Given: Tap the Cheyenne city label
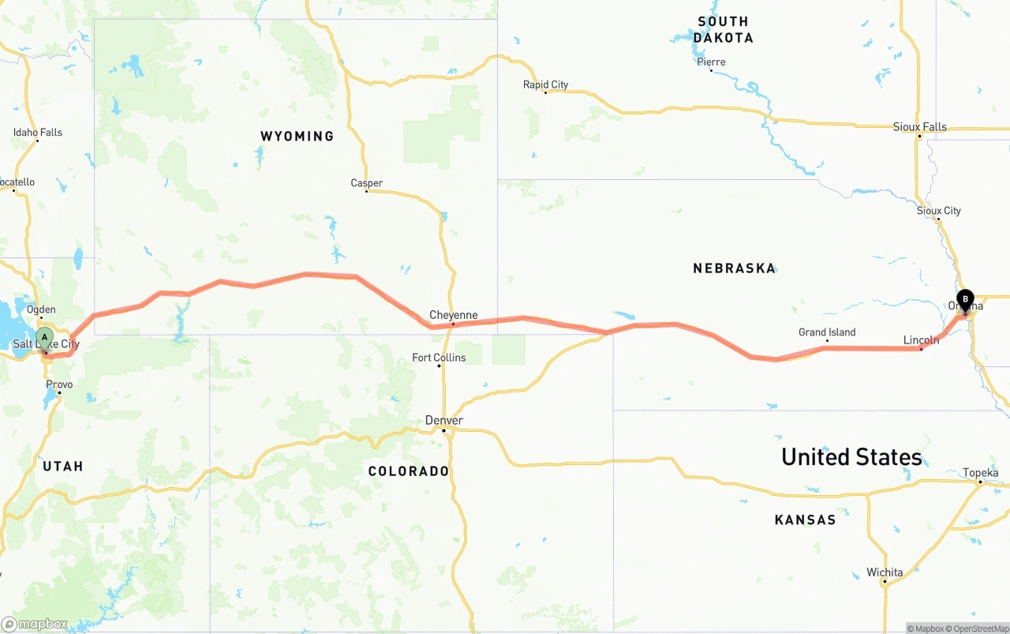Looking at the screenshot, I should tap(453, 315).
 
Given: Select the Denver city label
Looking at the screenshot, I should tap(443, 420).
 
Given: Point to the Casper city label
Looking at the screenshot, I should tap(366, 183).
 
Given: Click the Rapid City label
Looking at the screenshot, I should tap(545, 84).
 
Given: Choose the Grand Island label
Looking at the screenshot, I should tap(826, 332).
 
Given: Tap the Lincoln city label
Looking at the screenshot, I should tap(921, 340).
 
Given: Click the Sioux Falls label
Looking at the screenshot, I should tap(919, 126).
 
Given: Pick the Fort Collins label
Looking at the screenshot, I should tap(439, 358).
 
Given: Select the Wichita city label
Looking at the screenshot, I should tap(884, 572).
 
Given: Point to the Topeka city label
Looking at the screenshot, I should tap(980, 473).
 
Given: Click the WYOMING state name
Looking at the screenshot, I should tap(297, 137).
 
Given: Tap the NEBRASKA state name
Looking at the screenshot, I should tap(734, 268).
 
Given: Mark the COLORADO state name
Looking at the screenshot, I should tap(408, 471).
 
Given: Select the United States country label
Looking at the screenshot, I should tap(851, 457).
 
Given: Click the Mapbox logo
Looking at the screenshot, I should tap(35, 624).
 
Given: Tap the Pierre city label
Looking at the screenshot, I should tap(711, 62).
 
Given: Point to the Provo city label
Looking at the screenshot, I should tap(59, 385).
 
